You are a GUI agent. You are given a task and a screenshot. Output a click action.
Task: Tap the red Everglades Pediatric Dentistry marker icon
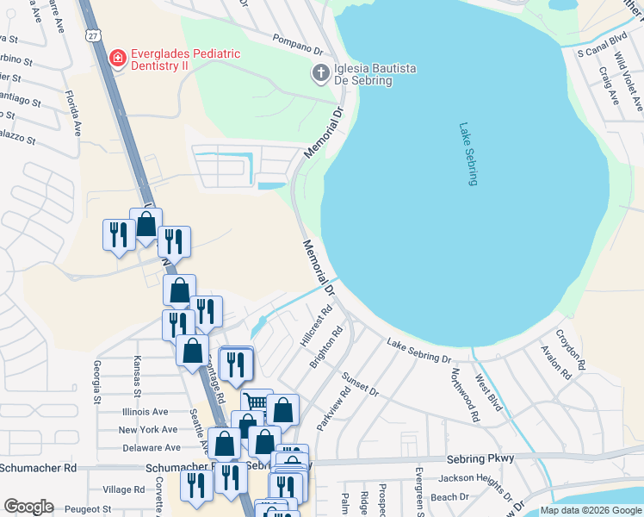click(x=118, y=59)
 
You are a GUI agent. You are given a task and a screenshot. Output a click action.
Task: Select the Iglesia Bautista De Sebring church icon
click(x=320, y=73)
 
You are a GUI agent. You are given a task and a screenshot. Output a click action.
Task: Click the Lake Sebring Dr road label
click(x=418, y=351)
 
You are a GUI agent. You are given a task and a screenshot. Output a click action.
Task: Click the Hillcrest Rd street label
click(x=315, y=327)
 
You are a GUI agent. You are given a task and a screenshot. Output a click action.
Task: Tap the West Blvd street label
click(x=488, y=391)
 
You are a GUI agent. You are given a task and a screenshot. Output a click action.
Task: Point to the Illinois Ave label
click(x=143, y=412)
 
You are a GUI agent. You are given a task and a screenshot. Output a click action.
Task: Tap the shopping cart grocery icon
click(x=256, y=402)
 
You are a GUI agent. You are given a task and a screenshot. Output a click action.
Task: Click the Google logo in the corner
click(x=28, y=507)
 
